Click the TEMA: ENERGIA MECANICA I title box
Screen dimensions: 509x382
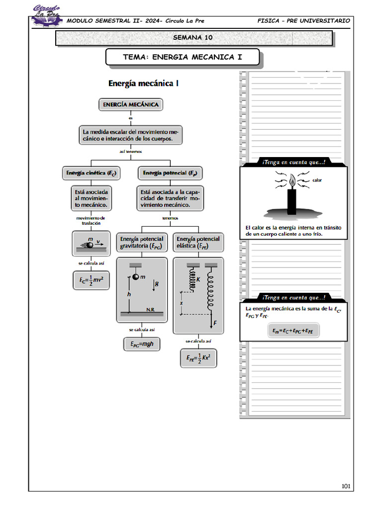point(182,57)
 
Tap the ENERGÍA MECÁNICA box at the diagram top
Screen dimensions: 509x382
point(131,105)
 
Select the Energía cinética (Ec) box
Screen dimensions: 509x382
point(92,173)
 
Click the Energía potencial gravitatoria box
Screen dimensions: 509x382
point(142,243)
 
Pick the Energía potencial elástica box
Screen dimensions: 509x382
point(198,243)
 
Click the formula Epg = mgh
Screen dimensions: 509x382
point(142,344)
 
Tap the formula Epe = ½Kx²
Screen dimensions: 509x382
point(198,358)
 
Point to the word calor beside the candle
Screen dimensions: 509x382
point(317,180)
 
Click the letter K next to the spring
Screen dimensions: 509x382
point(198,280)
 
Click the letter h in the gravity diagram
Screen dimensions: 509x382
point(129,294)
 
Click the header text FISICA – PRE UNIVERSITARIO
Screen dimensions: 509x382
point(303,21)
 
